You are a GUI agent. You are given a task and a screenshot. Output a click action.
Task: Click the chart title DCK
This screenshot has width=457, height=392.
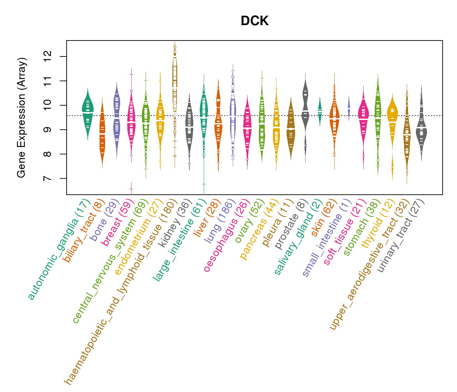pyautogui.click(x=255, y=21)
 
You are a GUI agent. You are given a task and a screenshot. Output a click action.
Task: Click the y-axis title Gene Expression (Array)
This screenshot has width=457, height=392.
pyautogui.click(x=22, y=118)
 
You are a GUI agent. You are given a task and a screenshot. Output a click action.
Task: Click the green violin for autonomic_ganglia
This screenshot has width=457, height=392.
pyautogui.click(x=88, y=113)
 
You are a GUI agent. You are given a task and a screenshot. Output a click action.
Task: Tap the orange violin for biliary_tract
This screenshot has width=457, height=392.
pyautogui.click(x=102, y=134)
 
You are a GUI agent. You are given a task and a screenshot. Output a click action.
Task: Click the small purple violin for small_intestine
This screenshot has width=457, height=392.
pyautogui.click(x=349, y=108)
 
